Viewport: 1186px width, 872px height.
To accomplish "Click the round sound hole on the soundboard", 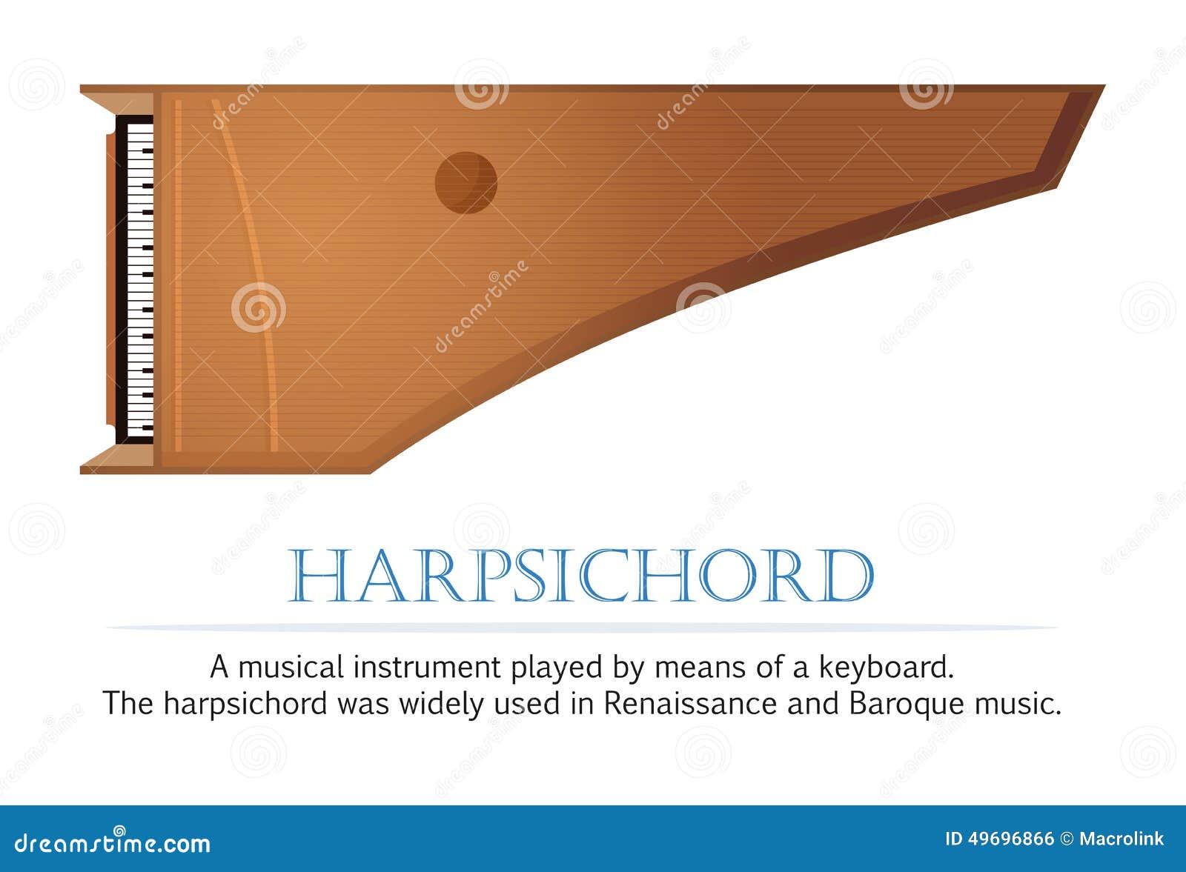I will (x=466, y=182).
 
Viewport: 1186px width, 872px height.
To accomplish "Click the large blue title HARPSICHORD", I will (x=580, y=576).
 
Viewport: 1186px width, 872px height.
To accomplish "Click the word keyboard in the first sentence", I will (x=886, y=667).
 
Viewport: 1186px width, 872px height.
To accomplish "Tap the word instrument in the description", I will (x=426, y=667).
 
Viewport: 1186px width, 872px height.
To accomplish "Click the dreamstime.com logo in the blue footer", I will (x=113, y=842).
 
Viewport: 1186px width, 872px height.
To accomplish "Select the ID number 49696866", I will (x=1010, y=839).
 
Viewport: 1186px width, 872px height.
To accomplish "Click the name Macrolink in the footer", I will (x=1121, y=839).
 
